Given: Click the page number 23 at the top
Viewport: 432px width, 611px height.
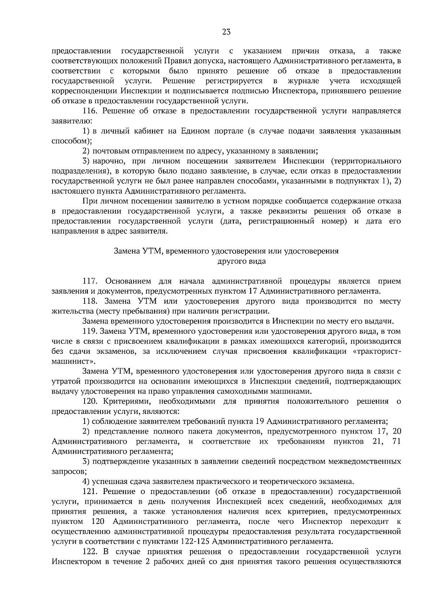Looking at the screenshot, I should coord(226,32).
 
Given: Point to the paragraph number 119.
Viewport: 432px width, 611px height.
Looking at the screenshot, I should coord(90,331).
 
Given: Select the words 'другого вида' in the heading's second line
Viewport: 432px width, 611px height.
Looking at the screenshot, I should coord(242,261).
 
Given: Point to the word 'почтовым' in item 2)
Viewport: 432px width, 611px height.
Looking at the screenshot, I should coord(108,151).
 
